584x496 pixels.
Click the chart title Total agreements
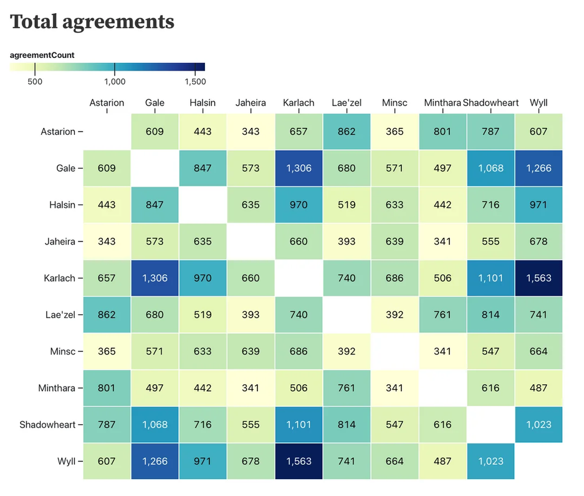92,22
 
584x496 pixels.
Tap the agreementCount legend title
42,55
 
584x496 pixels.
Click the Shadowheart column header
491,103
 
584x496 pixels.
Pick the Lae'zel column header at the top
347,103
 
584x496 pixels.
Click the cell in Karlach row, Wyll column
539,278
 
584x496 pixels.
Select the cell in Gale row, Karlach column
299,168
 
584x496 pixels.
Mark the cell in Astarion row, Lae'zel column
347,132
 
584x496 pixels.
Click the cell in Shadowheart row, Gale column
155,425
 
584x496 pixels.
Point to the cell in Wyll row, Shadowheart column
491,462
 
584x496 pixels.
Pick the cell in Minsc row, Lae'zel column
347,351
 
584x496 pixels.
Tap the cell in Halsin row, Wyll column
539,205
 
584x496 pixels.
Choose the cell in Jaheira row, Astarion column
107,241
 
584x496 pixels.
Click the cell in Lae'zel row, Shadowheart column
491,315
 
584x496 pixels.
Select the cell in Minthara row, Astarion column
107,388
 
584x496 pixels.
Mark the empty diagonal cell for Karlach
299,278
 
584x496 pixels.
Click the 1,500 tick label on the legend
195,81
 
